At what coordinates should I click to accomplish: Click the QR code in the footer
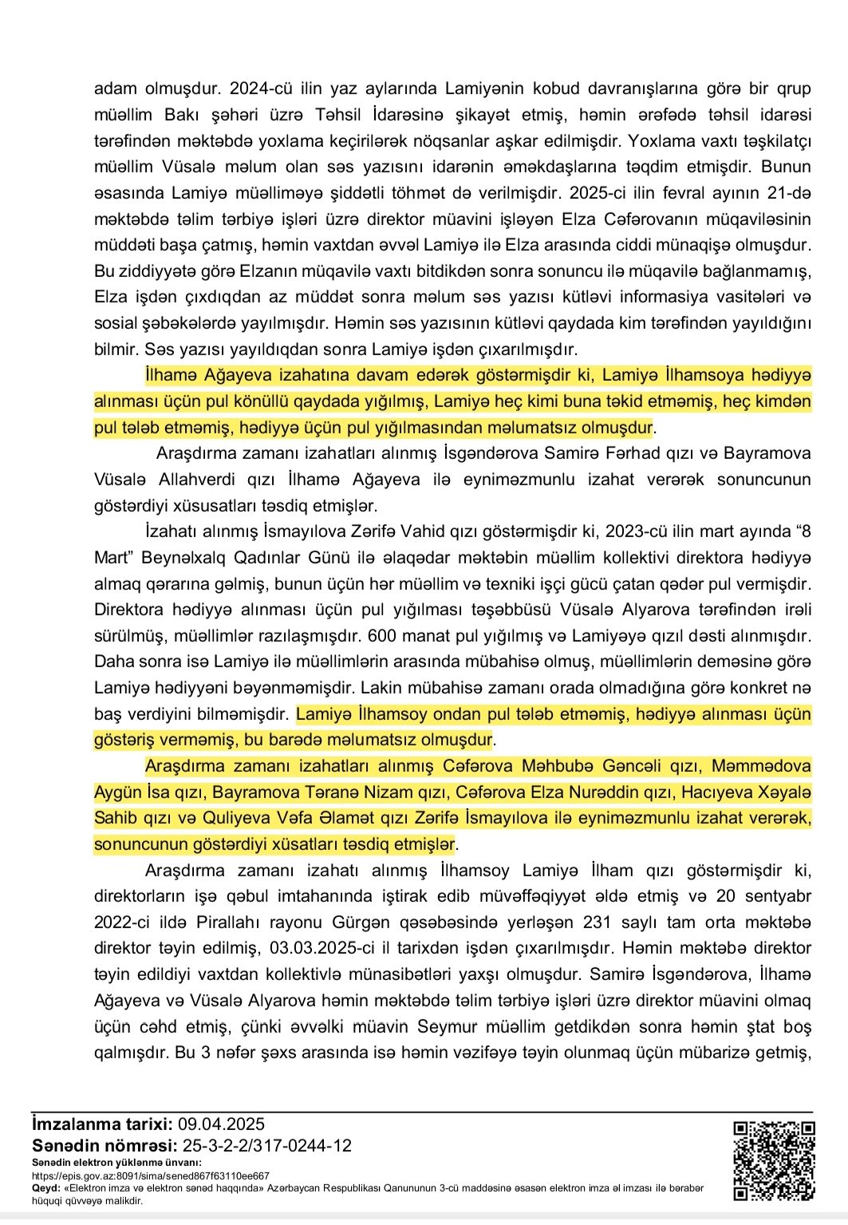click(x=774, y=1160)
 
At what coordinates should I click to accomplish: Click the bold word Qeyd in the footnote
click(x=46, y=1187)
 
